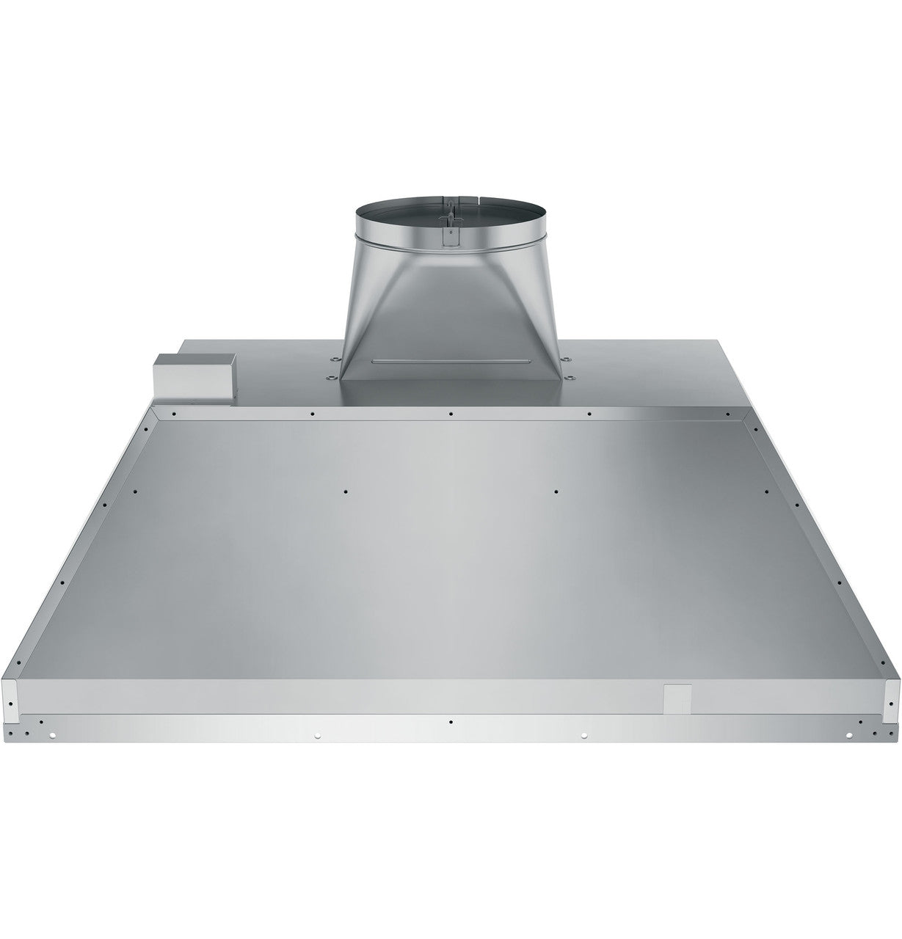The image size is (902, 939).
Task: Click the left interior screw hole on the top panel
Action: (x=344, y=491)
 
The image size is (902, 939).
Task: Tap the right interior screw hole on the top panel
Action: (x=556, y=491)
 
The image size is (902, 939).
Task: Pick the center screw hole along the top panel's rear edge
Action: (x=451, y=414)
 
